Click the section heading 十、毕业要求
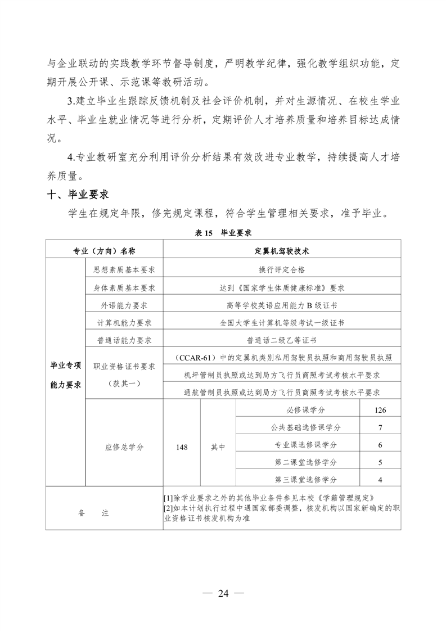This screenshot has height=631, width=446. [78, 195]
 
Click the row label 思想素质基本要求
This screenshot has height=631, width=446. [124, 269]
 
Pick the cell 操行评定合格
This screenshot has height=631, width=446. [282, 269]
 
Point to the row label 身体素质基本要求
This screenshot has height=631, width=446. [124, 287]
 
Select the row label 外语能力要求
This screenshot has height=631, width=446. [124, 305]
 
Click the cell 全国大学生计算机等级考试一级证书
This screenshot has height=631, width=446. [282, 323]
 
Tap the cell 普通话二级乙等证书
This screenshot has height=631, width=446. [282, 340]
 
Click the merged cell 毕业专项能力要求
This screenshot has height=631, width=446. [66, 375]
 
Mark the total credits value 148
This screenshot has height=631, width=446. [182, 447]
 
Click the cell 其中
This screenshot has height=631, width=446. [218, 447]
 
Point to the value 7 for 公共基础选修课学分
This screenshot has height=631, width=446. [380, 427]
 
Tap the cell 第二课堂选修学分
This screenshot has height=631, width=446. [306, 462]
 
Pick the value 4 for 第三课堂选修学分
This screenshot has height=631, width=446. [380, 480]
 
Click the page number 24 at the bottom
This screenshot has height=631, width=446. [223, 593]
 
